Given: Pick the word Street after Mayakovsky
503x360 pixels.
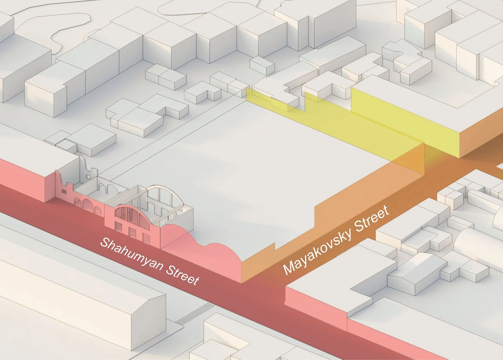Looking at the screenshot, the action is [x=372, y=218].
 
